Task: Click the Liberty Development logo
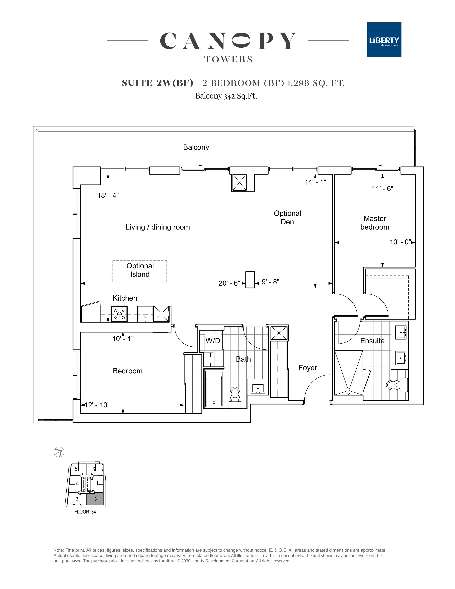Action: tap(384, 40)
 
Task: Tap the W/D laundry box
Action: tap(213, 341)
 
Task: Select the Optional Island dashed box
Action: tap(140, 271)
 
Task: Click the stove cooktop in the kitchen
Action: tap(119, 314)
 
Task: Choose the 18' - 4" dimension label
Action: tap(108, 195)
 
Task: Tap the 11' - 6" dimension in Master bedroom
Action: tap(383, 188)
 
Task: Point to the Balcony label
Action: tap(196, 147)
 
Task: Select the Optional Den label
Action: tap(287, 217)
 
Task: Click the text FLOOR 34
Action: tap(85, 512)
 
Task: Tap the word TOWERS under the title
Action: tap(228, 59)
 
